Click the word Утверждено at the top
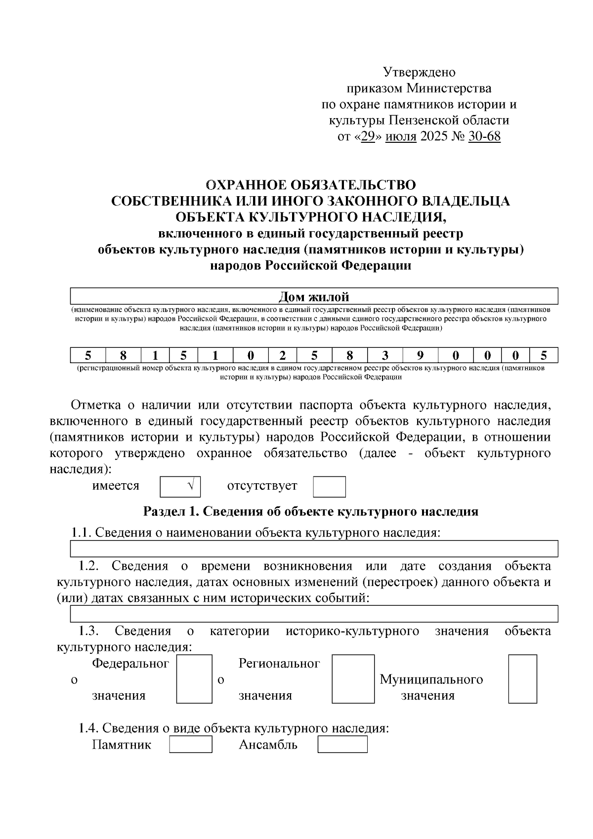[420, 72]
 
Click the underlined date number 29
[368, 136]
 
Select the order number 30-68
[484, 136]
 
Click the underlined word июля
[401, 136]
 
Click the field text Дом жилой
[314, 296]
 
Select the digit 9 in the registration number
[420, 355]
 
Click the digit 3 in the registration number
[385, 355]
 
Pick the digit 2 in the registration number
[283, 355]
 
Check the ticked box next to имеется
[180, 487]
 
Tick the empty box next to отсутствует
[329, 487]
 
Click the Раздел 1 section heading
[311, 511]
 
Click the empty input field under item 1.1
[314, 548]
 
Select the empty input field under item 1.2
[314, 614]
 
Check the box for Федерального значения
[194, 679]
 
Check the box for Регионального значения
[353, 679]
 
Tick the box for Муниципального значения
[522, 679]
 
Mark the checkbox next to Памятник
[191, 744]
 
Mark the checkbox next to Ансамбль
[342, 744]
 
